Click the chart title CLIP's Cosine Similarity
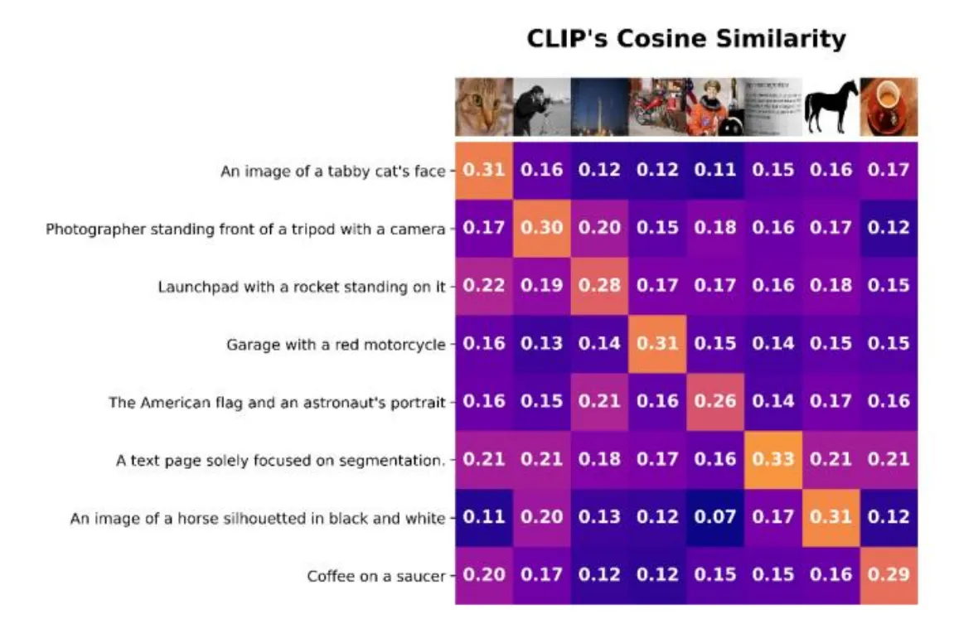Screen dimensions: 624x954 point(686,39)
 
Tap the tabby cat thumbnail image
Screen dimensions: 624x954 point(483,107)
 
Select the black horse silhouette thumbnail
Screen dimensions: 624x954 point(830,107)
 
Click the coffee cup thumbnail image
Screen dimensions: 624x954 point(888,107)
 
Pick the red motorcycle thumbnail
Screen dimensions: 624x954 point(656,107)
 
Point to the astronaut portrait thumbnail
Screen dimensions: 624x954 point(714,107)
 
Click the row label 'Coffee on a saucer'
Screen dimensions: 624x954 point(375,575)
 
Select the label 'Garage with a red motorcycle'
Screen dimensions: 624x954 point(336,344)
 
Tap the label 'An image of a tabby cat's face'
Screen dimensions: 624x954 point(332,172)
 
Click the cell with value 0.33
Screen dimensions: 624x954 point(772,459)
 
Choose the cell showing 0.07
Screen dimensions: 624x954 point(714,517)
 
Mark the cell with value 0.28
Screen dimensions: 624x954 point(598,286)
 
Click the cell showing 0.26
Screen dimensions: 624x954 point(714,402)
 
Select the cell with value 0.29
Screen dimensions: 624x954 point(888,574)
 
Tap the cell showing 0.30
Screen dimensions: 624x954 point(541,228)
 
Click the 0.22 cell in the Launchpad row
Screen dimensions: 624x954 point(483,286)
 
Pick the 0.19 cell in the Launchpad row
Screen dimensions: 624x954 point(541,286)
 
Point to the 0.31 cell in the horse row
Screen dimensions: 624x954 point(830,517)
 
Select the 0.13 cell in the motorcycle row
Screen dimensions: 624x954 point(541,344)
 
